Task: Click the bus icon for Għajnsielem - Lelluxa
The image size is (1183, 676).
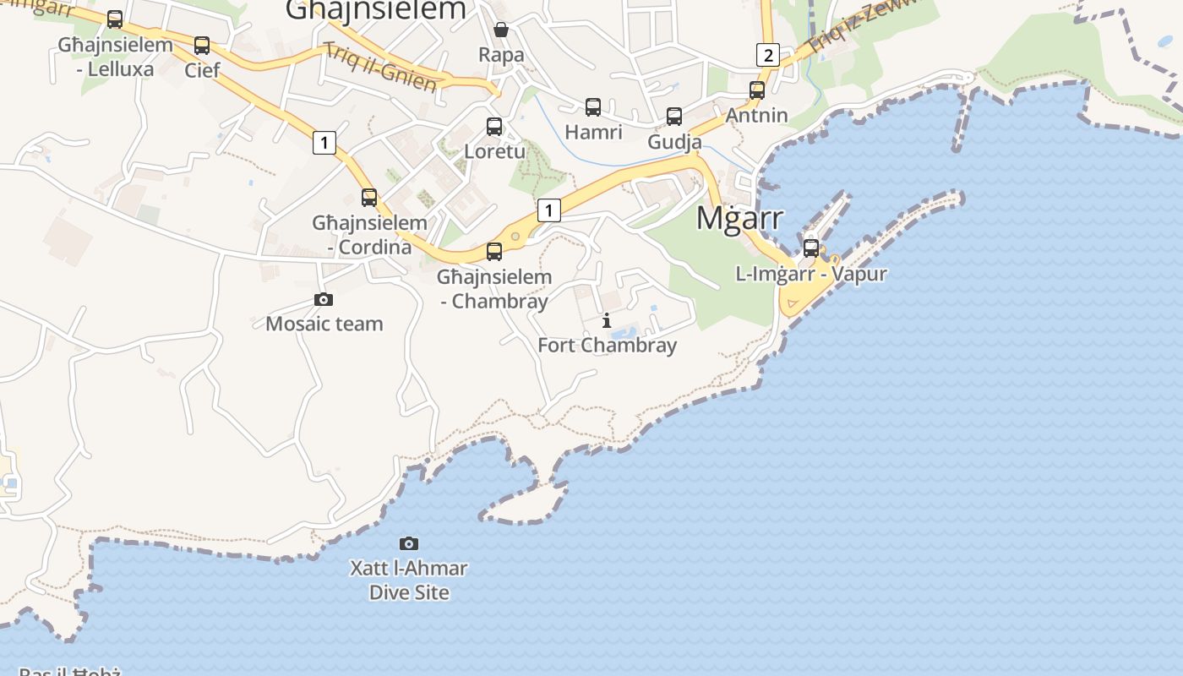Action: click(115, 19)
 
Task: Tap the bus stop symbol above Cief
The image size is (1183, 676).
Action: click(202, 46)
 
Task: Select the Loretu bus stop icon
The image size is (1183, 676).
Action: click(494, 127)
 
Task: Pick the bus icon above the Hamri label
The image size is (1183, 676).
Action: click(593, 107)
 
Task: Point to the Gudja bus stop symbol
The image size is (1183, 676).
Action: click(674, 117)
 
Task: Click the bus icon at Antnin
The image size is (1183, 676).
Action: click(757, 90)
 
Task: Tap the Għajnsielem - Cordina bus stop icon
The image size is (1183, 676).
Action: click(369, 198)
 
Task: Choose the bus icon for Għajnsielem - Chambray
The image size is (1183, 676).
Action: click(494, 252)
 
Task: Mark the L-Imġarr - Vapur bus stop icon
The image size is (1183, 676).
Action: click(811, 248)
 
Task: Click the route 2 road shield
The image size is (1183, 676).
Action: click(767, 55)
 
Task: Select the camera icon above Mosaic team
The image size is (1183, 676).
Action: click(324, 299)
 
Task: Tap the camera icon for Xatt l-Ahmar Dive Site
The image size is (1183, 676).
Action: click(409, 543)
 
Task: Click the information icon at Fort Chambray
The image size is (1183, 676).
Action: click(607, 321)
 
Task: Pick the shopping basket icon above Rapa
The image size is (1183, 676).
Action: click(501, 30)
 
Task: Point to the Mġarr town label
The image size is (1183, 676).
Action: click(740, 218)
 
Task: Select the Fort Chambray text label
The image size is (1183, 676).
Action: click(608, 346)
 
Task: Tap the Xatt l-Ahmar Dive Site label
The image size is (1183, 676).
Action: click(409, 580)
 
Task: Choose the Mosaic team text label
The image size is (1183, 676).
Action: click(324, 324)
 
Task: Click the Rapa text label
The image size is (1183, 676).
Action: click(501, 55)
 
